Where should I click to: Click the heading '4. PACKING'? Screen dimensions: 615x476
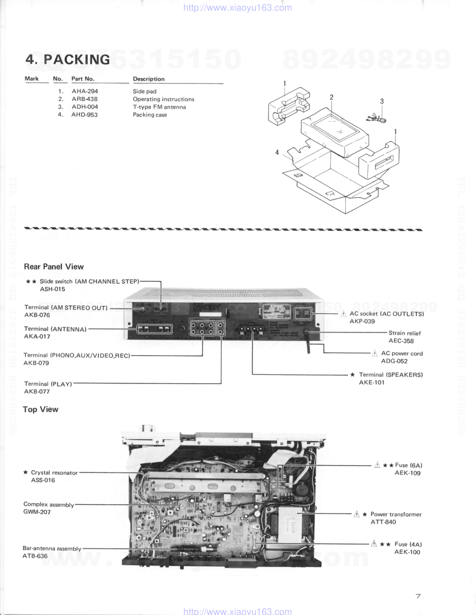coord(68,60)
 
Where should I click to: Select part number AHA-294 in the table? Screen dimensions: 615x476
coord(85,91)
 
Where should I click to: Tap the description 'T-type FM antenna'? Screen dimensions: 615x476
coord(159,107)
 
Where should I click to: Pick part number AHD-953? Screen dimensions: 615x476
coord(84,115)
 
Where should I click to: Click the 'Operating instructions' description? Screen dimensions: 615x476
coord(163,99)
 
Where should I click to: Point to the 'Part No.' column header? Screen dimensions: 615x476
coord(83,79)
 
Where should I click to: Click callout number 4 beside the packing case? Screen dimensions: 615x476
coord(277,152)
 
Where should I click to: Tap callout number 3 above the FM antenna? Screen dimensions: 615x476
coord(382,101)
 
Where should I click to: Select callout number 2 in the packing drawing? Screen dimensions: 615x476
coord(331,97)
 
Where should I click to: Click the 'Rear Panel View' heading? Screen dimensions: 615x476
coord(54,267)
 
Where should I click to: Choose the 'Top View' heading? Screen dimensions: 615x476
coord(41,410)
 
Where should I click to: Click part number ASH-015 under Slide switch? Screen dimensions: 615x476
coord(52,289)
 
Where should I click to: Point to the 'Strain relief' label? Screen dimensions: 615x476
coord(405,333)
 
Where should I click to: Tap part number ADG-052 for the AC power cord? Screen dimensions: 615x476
coord(394,361)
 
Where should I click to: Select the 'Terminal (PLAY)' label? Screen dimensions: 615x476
coord(48,384)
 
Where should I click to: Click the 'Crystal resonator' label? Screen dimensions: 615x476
coord(54,473)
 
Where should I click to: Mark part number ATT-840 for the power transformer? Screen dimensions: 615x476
coord(383,522)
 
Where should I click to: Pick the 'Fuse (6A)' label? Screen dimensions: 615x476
coord(408,465)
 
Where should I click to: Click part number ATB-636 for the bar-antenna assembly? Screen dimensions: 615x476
coord(35,556)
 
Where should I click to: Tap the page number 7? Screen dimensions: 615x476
coord(418,596)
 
